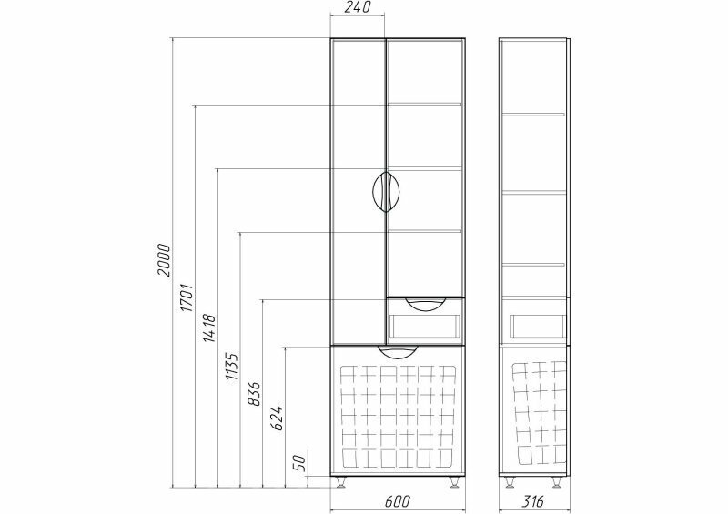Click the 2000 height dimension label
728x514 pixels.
(x=164, y=259)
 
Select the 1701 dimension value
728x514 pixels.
(x=187, y=297)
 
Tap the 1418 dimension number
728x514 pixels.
(x=209, y=328)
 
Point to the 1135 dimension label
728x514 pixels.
(x=232, y=368)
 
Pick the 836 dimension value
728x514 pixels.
(x=255, y=394)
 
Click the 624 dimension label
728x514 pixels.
(x=277, y=418)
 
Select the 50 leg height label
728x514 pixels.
(x=300, y=463)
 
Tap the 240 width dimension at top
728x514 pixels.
(x=359, y=7)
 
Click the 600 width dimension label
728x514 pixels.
(x=398, y=501)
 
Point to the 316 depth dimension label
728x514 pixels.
(x=532, y=501)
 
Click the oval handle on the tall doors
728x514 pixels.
(x=386, y=192)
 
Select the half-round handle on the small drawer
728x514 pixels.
(x=425, y=303)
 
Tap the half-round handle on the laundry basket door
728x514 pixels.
(x=398, y=351)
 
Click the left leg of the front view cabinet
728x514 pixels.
(x=340, y=482)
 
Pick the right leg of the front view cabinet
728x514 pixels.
(x=454, y=482)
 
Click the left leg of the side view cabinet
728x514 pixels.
(x=511, y=482)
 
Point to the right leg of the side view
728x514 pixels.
(x=557, y=482)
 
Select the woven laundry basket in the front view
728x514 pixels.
(x=398, y=416)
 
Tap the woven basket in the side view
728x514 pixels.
(x=539, y=414)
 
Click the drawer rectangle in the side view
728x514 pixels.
(x=538, y=326)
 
